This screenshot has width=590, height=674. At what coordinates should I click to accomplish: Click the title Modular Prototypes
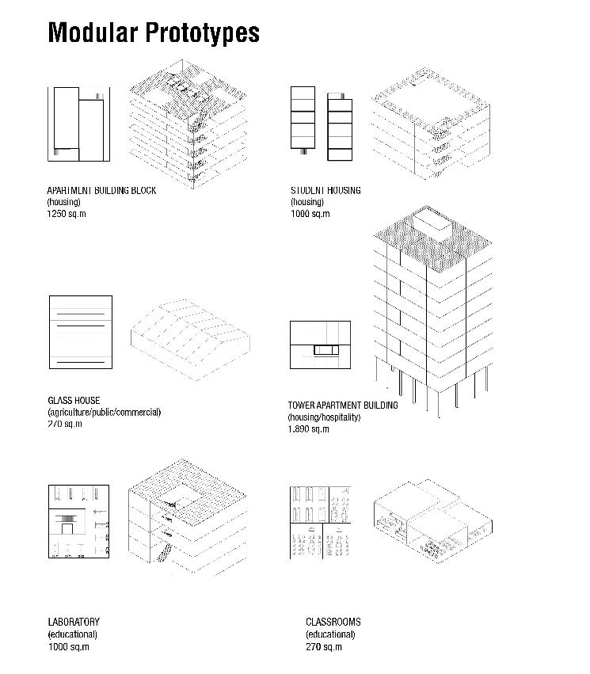(x=154, y=32)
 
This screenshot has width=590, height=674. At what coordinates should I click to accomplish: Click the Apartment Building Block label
(x=101, y=191)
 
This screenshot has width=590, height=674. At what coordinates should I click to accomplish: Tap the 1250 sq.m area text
(x=67, y=214)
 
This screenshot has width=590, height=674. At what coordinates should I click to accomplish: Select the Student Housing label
(x=325, y=191)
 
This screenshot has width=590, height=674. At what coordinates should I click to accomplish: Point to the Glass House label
(x=74, y=401)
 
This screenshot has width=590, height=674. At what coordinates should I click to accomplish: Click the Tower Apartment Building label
(x=342, y=406)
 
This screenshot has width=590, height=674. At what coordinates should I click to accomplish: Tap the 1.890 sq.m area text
(x=308, y=429)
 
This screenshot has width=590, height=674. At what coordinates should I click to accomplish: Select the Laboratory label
(x=74, y=623)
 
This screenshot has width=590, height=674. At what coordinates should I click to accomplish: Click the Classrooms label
(x=333, y=623)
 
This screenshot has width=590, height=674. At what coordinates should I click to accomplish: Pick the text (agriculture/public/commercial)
(x=104, y=413)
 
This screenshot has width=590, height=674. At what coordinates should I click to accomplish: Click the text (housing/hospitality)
(x=324, y=417)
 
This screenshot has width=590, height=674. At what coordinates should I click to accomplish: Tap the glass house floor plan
(x=80, y=332)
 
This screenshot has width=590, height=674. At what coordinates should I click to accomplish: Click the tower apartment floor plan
(x=319, y=345)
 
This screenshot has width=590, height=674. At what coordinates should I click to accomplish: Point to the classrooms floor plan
(x=320, y=522)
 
